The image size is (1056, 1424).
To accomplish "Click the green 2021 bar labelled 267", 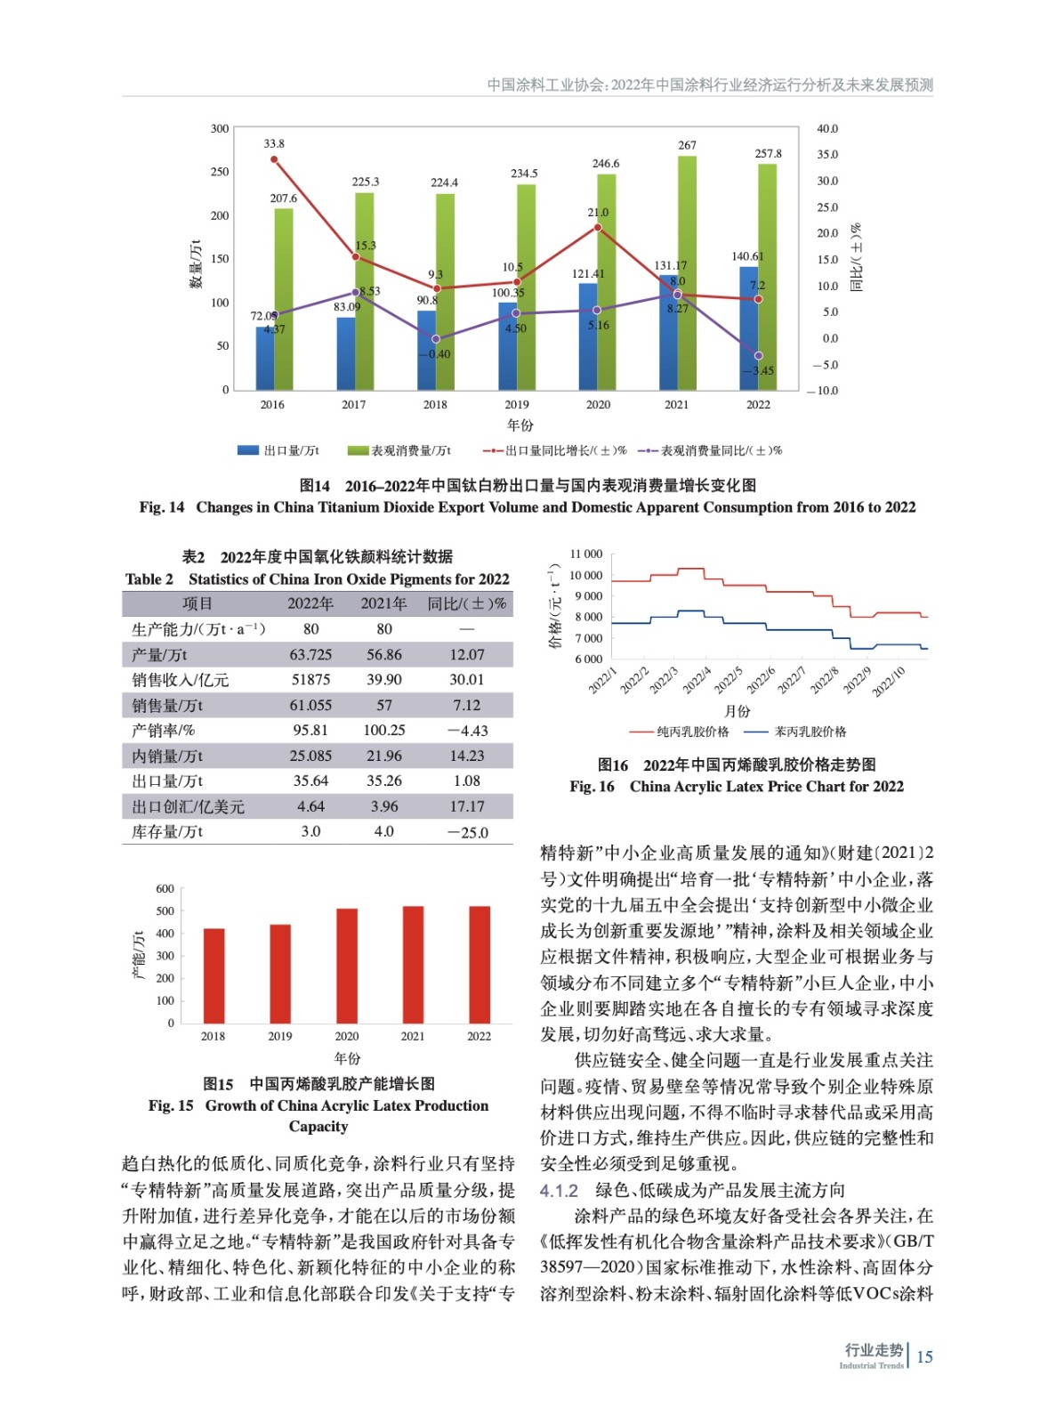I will coord(686,272).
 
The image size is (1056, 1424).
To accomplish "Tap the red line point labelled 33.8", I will coord(274,160).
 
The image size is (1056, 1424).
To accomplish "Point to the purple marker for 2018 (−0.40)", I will coord(436,339).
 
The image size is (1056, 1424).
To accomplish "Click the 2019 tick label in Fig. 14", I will coord(516,404).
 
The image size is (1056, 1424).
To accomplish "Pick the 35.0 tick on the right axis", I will coord(826,155).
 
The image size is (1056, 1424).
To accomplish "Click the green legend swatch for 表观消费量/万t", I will coord(357,450).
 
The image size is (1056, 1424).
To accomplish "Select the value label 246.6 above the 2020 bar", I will coord(606,164).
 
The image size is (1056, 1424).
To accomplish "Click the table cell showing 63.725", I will coord(310,655).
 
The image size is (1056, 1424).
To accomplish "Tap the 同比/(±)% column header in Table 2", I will coord(467,604).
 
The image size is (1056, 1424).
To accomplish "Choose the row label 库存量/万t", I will coord(167,832).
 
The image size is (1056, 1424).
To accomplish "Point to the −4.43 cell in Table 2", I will coord(467,731).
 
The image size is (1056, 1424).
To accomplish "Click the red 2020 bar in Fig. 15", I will coord(346,966).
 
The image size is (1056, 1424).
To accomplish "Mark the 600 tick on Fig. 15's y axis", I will coord(165,889).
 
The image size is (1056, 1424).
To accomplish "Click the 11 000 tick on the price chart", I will coord(585,554).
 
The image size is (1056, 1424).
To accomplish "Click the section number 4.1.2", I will coord(559,1191).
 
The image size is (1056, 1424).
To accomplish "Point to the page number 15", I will coord(924,1356).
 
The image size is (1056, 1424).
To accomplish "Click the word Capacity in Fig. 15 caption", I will coord(318,1127).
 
